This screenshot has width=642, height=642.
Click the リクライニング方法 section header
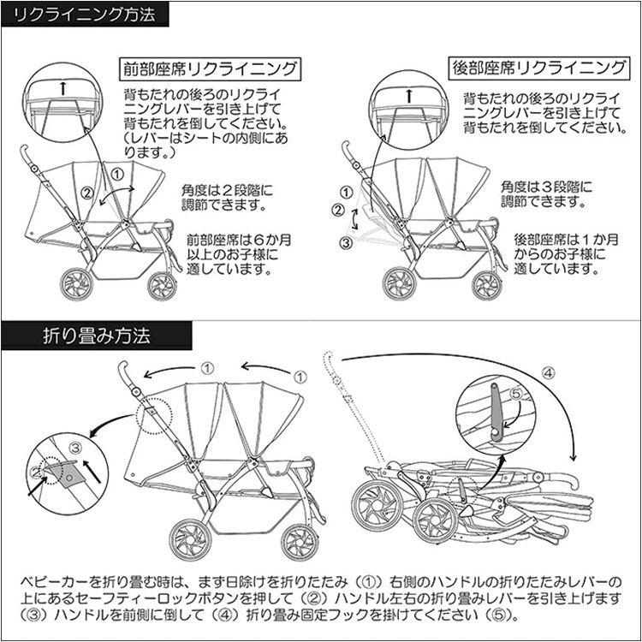85,15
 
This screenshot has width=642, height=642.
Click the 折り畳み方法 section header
97,336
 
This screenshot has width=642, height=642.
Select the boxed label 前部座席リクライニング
210,68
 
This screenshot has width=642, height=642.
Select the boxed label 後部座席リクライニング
538,68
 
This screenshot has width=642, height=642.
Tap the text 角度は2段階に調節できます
227,197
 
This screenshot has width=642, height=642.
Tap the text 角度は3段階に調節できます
547,194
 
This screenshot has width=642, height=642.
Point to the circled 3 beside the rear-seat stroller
347,243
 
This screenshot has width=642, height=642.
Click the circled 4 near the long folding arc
548,373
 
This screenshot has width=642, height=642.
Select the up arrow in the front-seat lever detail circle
63,87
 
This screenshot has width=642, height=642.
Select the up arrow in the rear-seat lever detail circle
408,95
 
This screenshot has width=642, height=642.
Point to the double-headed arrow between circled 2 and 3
355,219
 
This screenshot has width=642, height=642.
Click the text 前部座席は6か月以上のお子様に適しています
239,254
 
